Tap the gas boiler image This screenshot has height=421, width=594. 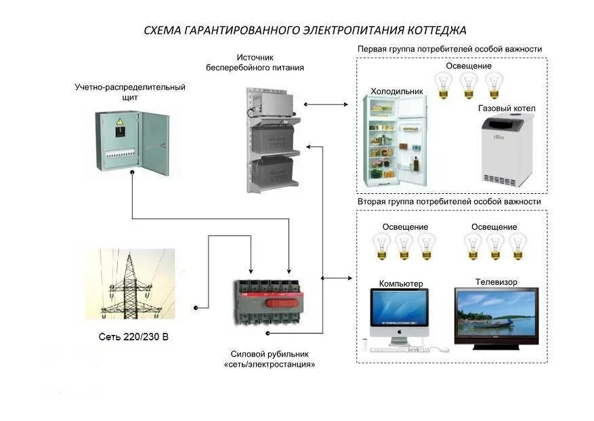click(x=507, y=150)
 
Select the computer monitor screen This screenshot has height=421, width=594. click(x=398, y=308)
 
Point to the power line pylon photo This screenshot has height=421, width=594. click(x=130, y=284)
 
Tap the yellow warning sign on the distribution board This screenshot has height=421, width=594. click(x=120, y=121)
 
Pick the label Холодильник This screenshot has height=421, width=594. click(x=396, y=91)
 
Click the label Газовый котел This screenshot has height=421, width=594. click(x=507, y=108)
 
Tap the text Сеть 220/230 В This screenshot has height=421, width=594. click(x=133, y=336)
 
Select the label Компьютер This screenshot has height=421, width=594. click(x=401, y=283)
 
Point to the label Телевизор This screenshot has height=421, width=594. click(x=496, y=281)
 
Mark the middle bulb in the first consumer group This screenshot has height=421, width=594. click(x=469, y=85)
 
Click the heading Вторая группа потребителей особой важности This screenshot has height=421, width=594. click(x=449, y=202)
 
